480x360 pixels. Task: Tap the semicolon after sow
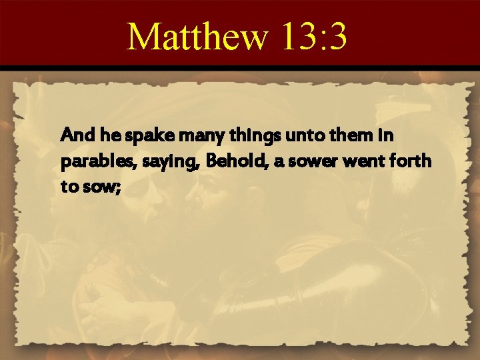[117, 188]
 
